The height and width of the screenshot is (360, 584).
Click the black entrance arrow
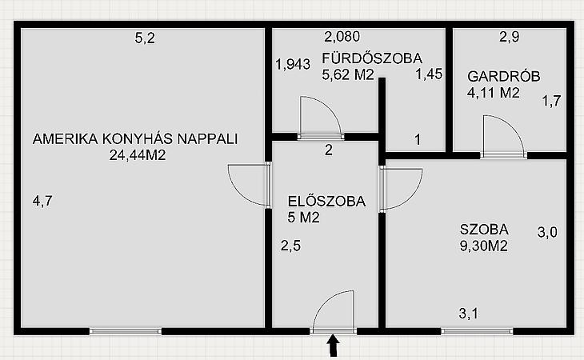[334, 345]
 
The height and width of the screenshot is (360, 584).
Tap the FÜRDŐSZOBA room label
[372, 58]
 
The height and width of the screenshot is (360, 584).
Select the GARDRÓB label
[503, 76]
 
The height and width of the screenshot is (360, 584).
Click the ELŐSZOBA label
[326, 202]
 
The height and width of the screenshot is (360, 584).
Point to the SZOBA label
[484, 230]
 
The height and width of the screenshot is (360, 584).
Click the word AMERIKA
[66, 139]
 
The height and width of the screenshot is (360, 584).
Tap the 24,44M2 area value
[138, 155]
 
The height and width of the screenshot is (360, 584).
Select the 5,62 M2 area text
[347, 75]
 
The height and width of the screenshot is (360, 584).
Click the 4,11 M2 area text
[493, 92]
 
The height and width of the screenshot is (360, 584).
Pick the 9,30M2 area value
[484, 246]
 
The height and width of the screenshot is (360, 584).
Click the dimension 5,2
[145, 38]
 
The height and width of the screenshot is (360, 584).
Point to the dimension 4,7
[42, 201]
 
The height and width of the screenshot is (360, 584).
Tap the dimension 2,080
[342, 37]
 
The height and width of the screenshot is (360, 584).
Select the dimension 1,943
[293, 64]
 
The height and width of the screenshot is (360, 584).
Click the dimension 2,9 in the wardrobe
[509, 37]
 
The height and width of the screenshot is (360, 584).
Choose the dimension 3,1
[469, 314]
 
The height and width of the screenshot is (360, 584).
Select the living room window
[126, 331]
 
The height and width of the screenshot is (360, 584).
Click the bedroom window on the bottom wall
[477, 331]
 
